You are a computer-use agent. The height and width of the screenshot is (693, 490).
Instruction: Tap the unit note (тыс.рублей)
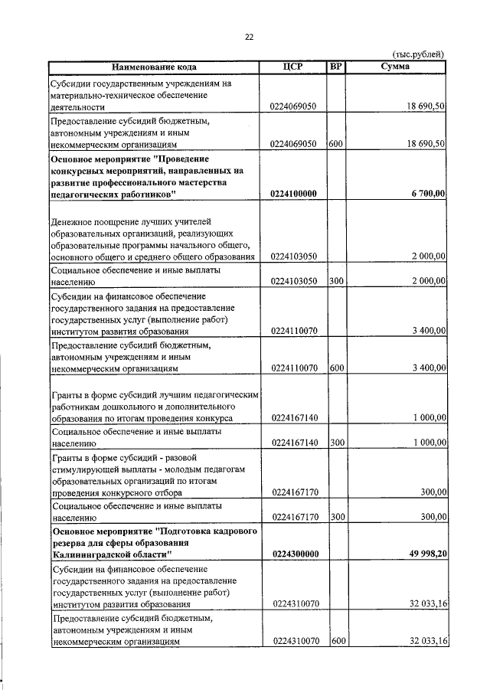tap(418, 54)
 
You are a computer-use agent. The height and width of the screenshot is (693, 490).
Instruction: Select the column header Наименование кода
tap(155, 67)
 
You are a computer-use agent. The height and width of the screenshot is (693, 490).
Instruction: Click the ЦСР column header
tap(293, 67)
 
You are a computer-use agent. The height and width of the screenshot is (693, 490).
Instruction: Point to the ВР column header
tap(335, 67)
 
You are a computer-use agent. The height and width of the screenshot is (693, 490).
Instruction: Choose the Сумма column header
tap(395, 67)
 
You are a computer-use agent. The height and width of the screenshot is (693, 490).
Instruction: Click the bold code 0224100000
tap(294, 194)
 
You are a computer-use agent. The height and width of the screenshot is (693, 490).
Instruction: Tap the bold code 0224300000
tap(294, 554)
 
